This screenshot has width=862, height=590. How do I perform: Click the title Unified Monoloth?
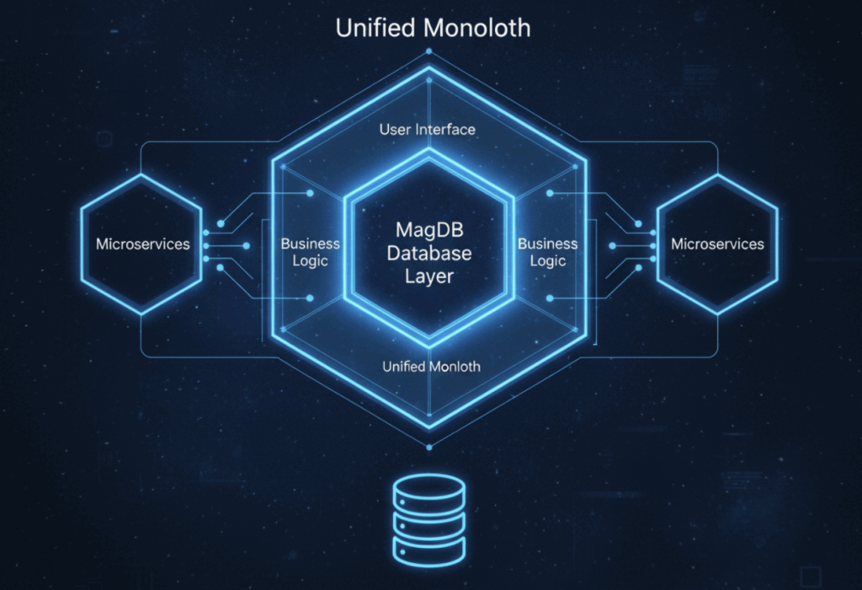(x=433, y=27)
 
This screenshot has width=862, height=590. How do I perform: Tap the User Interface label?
(x=428, y=129)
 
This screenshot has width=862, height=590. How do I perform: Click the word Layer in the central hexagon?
(x=429, y=276)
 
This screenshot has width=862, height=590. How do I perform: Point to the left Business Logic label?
(x=311, y=252)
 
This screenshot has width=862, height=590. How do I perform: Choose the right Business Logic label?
(x=547, y=252)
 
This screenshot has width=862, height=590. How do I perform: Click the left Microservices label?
(x=142, y=244)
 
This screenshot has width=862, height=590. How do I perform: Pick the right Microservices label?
(x=717, y=244)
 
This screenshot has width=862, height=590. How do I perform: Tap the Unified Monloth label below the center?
(x=431, y=366)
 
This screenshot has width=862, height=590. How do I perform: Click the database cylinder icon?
(x=429, y=518)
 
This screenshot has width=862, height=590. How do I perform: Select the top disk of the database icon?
(x=429, y=487)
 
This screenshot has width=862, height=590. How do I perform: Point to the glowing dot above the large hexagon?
(x=428, y=51)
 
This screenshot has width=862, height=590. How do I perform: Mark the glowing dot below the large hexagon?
(x=428, y=447)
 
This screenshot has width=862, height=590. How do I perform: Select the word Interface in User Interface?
(x=448, y=129)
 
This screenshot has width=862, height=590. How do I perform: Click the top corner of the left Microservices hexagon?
(x=141, y=174)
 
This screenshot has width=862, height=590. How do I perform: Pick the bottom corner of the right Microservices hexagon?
(x=717, y=314)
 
